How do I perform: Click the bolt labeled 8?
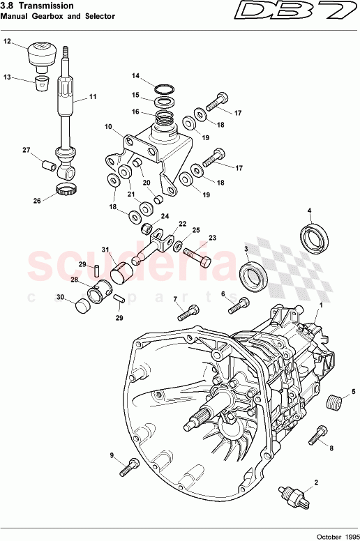(x=322, y=435)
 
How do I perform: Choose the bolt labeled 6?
(x=239, y=303)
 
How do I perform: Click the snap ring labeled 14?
(x=164, y=89)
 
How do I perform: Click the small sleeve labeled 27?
(x=47, y=167)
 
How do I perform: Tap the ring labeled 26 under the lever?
(x=66, y=190)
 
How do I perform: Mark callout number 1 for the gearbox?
(x=320, y=305)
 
